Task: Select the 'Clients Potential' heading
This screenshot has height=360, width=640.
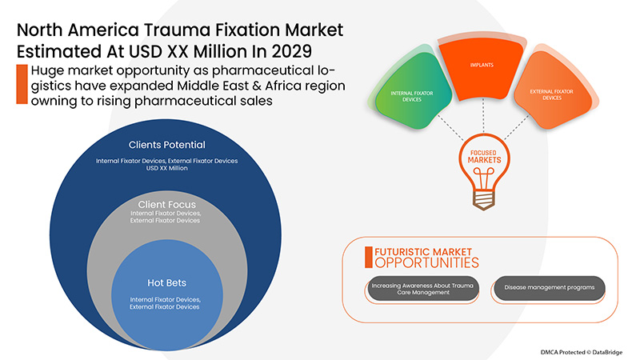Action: (x=167, y=146)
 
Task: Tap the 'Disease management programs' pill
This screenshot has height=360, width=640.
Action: (x=548, y=288)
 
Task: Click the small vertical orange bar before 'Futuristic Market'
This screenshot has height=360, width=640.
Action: (x=369, y=257)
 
